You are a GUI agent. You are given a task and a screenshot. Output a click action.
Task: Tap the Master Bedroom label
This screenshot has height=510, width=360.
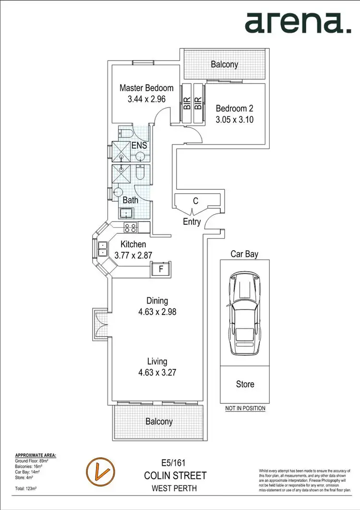point(146,88)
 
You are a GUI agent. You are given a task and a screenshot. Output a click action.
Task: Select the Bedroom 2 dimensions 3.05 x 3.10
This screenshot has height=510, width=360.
point(234,119)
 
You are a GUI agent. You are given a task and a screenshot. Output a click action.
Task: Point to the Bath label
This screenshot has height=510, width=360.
point(131,200)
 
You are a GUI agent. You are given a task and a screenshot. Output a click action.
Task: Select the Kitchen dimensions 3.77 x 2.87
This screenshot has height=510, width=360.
point(133,255)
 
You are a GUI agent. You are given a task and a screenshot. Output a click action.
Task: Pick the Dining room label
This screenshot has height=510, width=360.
point(157,301)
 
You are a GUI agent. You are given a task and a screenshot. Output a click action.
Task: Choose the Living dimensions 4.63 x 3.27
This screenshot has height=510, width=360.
point(157,372)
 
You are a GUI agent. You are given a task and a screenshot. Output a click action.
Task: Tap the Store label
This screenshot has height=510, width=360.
point(245,384)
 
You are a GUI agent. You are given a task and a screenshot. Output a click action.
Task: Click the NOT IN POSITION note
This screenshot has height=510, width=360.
point(245,409)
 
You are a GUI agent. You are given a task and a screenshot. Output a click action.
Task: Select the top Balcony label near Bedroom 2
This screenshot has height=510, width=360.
point(224,64)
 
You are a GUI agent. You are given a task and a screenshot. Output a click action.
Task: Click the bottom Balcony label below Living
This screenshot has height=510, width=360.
point(159,422)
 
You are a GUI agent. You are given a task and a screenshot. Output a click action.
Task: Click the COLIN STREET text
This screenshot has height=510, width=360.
point(175,476)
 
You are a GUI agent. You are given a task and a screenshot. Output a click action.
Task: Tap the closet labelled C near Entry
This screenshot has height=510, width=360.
point(195,201)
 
